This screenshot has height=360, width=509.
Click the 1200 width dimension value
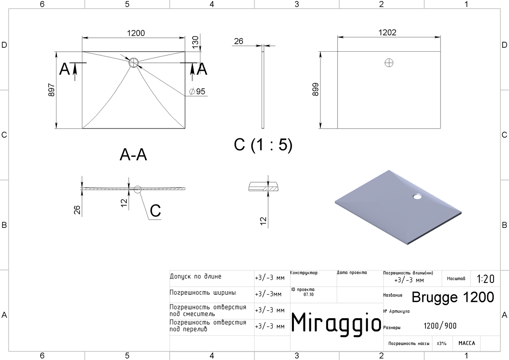click(x=136, y=33)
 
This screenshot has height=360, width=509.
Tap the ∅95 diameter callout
click(x=197, y=92)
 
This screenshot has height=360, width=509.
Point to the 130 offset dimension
click(x=195, y=42)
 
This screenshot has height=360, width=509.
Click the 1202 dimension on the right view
click(x=387, y=32)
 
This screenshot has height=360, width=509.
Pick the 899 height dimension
click(x=315, y=90)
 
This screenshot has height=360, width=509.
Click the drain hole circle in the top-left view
click(x=134, y=62)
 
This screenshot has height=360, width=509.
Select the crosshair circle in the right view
click(x=389, y=62)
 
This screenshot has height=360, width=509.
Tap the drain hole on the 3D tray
click(x=418, y=196)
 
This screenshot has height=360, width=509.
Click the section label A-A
click(x=133, y=155)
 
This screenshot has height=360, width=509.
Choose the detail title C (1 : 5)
click(x=263, y=145)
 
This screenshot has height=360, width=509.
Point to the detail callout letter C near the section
click(x=155, y=211)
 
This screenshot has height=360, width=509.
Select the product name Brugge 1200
click(x=453, y=297)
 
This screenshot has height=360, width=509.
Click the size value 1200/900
click(x=440, y=326)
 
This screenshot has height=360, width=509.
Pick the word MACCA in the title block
click(x=466, y=343)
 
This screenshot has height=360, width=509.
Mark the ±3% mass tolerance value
click(x=442, y=343)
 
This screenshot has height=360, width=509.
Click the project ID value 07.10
click(x=309, y=295)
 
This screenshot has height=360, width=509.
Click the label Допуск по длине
click(x=195, y=276)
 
